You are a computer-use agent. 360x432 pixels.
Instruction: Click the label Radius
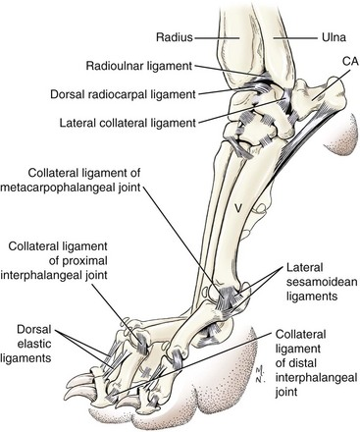point(175,37)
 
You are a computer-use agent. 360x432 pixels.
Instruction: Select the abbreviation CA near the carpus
point(350,61)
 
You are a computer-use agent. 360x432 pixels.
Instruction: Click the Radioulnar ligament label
point(139,66)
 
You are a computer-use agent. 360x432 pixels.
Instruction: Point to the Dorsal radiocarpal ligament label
point(123,94)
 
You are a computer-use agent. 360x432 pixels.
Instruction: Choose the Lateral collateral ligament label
point(128,123)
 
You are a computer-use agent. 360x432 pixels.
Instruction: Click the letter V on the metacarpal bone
point(238,207)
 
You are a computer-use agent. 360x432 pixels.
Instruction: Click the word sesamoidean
point(322,282)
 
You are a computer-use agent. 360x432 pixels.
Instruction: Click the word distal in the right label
point(299,363)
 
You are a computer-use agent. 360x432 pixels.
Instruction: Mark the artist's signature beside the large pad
point(260,375)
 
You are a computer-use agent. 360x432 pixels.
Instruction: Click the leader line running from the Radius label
point(217,38)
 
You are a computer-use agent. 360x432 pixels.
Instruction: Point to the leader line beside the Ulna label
point(296,38)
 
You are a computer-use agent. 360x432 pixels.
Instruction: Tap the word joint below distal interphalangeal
point(286,392)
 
